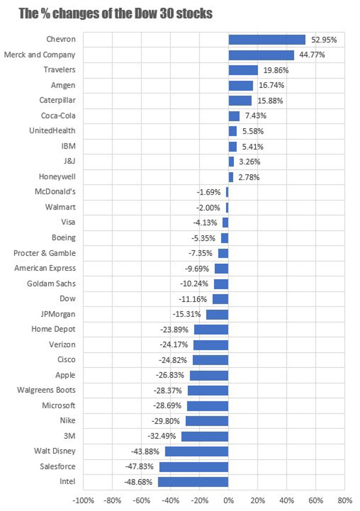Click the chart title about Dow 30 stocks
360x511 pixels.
tap(116, 14)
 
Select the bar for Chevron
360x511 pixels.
tap(267, 40)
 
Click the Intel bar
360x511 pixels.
tap(193, 482)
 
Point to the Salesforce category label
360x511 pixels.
tap(58, 466)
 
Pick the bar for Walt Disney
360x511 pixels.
tap(196, 451)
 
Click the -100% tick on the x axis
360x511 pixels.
tap(84, 500)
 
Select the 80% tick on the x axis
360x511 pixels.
tap(344, 500)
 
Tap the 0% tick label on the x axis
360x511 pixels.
tap(228, 500)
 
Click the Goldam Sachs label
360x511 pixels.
tap(51, 284)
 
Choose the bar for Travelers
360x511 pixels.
tap(243, 70)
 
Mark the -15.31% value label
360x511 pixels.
tap(186, 314)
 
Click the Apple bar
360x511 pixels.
tap(209, 375)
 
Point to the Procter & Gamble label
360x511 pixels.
tap(44, 253)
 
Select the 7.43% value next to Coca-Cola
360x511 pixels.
tap(255, 116)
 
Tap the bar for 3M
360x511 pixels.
tap(205, 436)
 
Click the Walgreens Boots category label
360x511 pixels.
tap(46, 390)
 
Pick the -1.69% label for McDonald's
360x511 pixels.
tap(209, 192)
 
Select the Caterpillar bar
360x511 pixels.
tap(240, 100)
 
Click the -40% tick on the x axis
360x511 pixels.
tap(170, 500)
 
